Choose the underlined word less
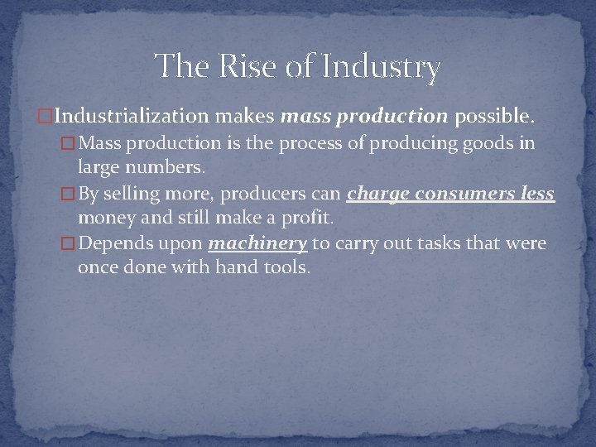pos(536,195)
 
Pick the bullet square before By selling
pos(70,195)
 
